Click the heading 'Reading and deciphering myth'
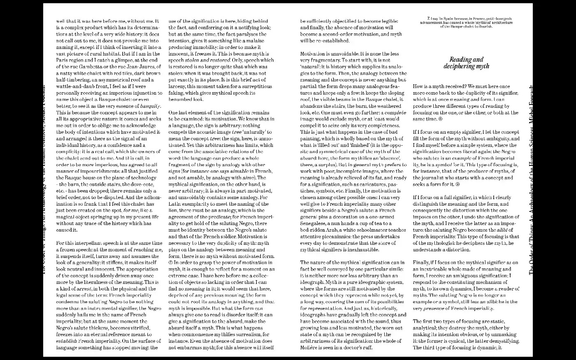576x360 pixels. [466, 63]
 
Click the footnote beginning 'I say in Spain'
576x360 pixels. [466, 22]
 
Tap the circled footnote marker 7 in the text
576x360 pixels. [171, 262]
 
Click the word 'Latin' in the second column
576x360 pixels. [176, 204]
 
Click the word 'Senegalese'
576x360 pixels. [315, 223]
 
